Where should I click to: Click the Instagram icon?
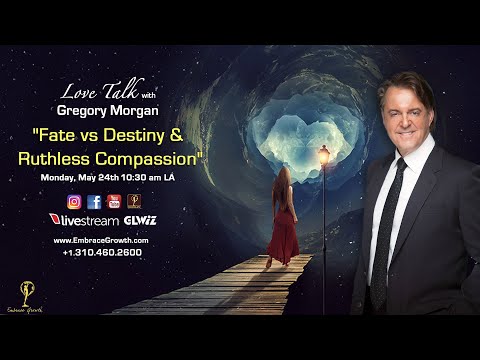pos(73,201)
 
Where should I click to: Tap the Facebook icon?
pos(94,201)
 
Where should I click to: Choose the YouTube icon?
pos(114,201)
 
